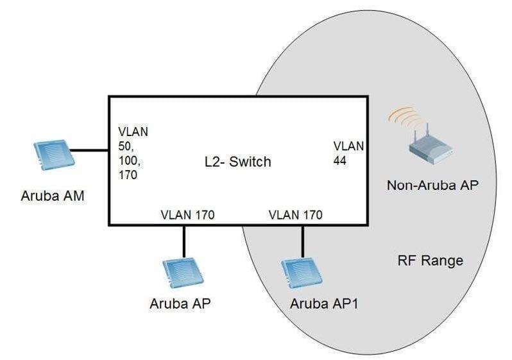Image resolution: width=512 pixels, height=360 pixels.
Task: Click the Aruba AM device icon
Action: point(54,155)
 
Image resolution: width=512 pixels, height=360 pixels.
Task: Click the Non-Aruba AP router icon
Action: point(431,144)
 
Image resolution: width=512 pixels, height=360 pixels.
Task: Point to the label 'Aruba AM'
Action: point(53,196)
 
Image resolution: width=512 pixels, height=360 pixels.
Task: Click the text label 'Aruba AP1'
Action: point(324,304)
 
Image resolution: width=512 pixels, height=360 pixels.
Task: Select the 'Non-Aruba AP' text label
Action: point(432,185)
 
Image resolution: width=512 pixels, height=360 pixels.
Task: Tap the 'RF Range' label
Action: point(431,261)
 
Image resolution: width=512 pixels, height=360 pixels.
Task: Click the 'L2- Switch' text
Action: point(238,162)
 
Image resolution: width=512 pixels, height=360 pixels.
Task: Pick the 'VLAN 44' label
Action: point(348,153)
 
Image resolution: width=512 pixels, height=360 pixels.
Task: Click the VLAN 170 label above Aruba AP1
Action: point(296,215)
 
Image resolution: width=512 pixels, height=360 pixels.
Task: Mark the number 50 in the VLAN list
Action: point(126,146)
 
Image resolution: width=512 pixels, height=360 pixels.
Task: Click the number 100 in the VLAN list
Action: point(130,160)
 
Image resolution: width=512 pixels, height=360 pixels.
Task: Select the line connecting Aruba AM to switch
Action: point(89,151)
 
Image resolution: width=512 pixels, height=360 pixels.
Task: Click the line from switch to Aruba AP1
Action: point(302,242)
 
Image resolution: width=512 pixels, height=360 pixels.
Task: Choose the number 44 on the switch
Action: point(340,160)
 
